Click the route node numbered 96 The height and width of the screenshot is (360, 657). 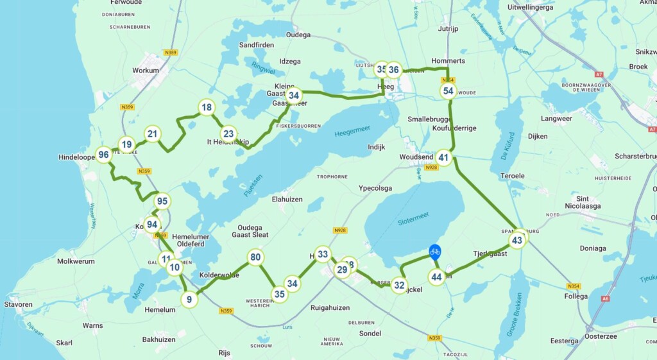(x=103, y=155)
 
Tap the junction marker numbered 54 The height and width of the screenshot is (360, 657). (x=448, y=91)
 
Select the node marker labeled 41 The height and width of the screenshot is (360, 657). (x=444, y=158)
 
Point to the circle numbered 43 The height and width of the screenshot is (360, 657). (x=517, y=240)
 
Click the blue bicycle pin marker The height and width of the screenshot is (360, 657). (x=435, y=252)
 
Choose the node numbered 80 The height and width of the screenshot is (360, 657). (x=256, y=258)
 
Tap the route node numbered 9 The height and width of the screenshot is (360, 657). (x=189, y=299)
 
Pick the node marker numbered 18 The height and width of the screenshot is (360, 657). (x=206, y=107)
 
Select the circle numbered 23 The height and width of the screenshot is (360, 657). (x=228, y=134)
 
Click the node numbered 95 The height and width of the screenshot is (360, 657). (x=162, y=201)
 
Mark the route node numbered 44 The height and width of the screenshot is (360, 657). (x=437, y=277)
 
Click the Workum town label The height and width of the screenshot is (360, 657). (x=145, y=71)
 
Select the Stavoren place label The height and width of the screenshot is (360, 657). (x=18, y=304)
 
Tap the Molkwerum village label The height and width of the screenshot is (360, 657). (x=76, y=261)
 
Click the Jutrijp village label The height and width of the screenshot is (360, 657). (x=450, y=28)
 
